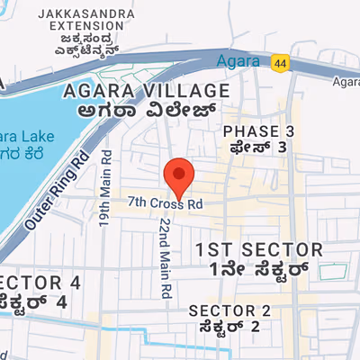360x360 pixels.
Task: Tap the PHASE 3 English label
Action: (x=258, y=131)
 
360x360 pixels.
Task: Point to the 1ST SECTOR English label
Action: (x=259, y=249)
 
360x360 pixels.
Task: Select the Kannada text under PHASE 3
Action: (x=258, y=147)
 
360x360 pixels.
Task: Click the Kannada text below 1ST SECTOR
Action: (x=259, y=268)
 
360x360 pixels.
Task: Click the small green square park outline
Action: (x=337, y=270)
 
